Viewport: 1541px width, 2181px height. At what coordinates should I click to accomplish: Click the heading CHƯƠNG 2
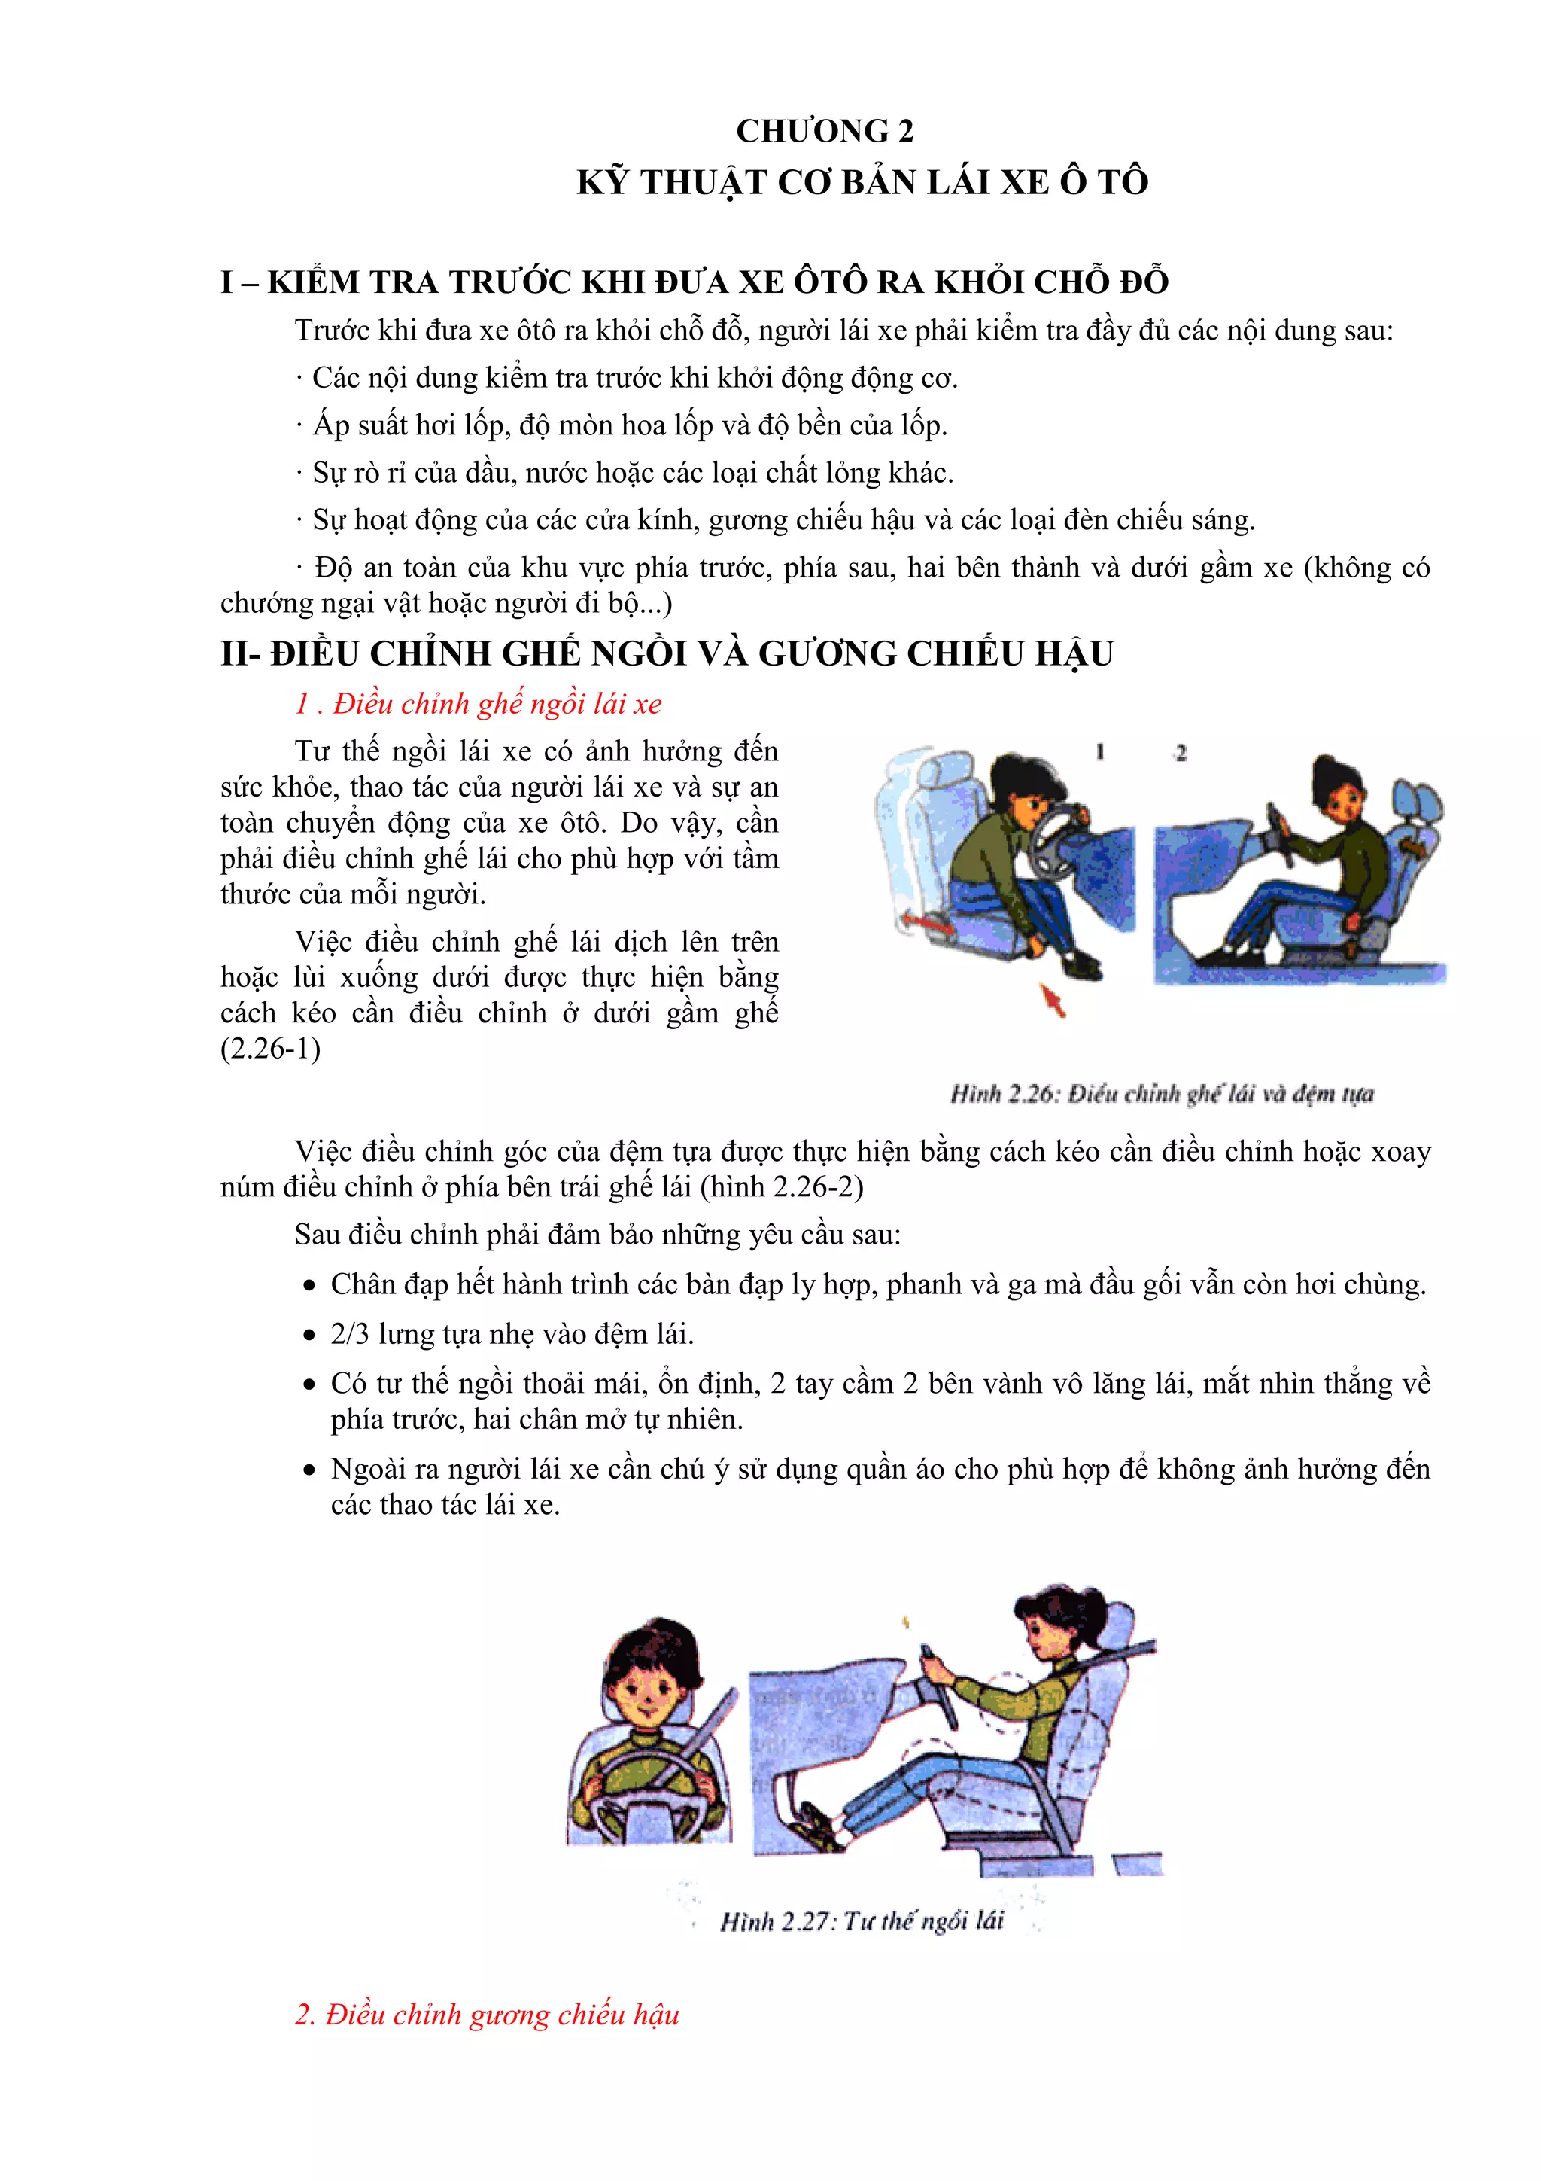click(824, 131)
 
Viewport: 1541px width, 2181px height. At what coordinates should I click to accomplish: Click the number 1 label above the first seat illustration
click(1099, 751)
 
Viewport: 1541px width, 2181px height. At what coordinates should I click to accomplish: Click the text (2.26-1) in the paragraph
click(271, 1049)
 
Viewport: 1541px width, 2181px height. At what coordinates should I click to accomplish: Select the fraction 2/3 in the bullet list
click(349, 1334)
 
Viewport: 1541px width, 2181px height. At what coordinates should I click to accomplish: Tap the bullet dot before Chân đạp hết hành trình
click(309, 1286)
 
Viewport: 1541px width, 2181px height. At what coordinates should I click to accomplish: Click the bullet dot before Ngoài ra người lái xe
click(309, 1470)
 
